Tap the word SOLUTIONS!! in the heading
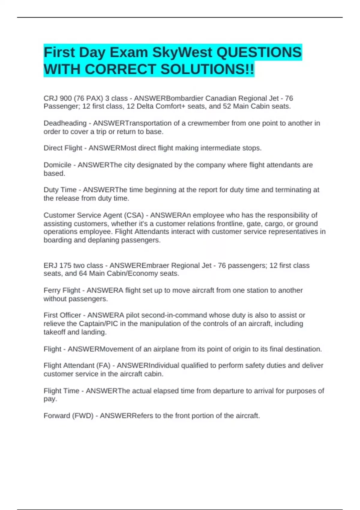[207, 70]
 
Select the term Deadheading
[65, 123]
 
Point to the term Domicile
[57, 165]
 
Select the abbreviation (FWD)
[83, 416]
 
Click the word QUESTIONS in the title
[259, 53]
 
